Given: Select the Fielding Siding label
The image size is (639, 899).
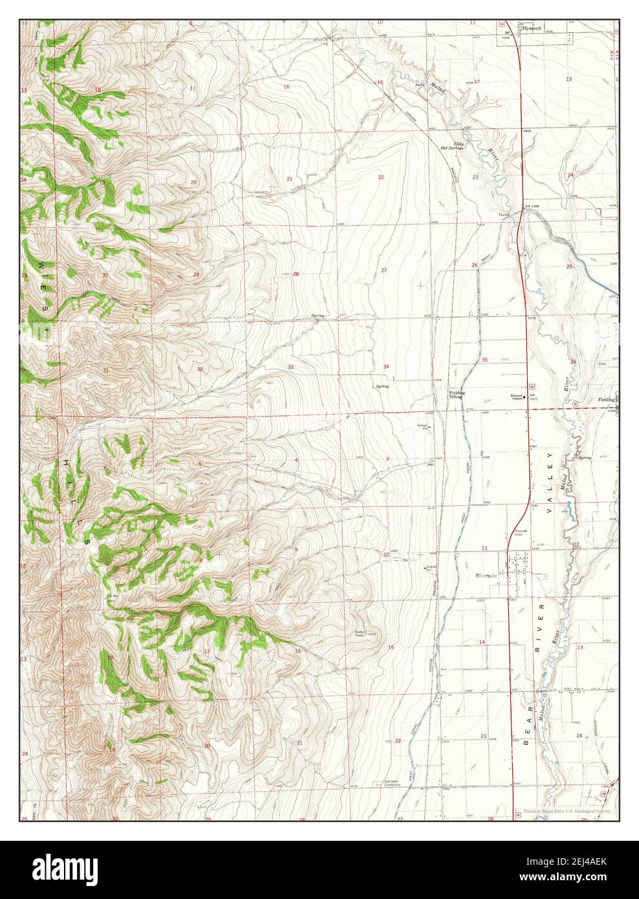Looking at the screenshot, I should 457,395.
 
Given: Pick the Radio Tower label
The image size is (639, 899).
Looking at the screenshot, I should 359,634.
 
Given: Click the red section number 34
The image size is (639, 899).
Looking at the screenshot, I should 386,367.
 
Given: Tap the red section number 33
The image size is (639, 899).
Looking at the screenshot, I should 291,367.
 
